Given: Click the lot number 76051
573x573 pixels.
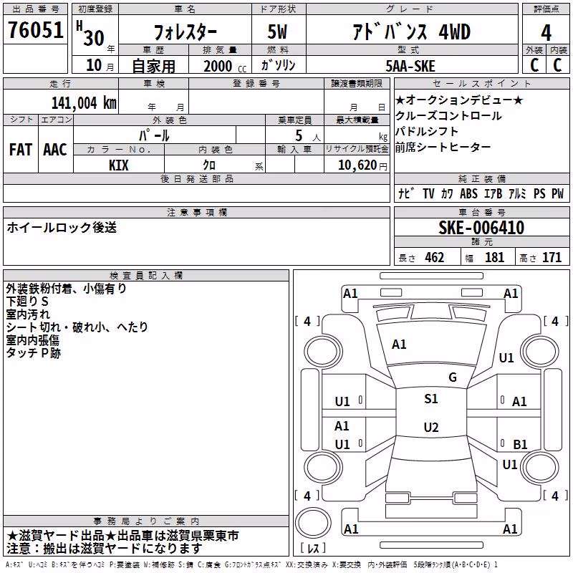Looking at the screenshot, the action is [x=35, y=30].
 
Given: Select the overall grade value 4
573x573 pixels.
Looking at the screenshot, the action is [x=546, y=32].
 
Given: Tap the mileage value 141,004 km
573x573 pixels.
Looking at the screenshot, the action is [x=84, y=102].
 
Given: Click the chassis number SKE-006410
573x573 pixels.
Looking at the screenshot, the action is [x=481, y=228].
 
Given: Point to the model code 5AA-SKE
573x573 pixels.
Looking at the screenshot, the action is [x=410, y=66].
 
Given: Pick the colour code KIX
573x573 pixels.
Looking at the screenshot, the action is [x=118, y=165].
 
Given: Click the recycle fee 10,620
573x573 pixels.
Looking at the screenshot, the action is [x=357, y=165].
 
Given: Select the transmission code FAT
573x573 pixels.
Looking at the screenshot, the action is [x=21, y=150].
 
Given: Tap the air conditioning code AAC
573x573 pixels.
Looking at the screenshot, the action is [x=55, y=150].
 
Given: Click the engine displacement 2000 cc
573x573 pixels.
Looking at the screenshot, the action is [x=225, y=66].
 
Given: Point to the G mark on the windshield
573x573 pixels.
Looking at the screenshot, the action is [x=453, y=377].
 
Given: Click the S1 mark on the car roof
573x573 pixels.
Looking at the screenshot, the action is [x=431, y=398].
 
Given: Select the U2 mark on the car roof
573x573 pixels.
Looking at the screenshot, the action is [x=431, y=427].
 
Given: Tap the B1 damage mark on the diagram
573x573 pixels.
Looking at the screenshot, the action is [x=520, y=444].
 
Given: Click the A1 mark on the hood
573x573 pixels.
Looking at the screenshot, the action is [x=399, y=344].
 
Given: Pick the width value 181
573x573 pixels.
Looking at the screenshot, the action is [x=494, y=257].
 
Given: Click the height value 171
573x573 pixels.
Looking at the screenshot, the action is [x=552, y=257].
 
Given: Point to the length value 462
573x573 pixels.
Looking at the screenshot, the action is [x=435, y=257].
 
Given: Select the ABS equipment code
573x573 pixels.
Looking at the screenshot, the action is [x=468, y=193].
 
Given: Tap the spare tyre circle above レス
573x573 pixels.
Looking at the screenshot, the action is [x=313, y=522].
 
